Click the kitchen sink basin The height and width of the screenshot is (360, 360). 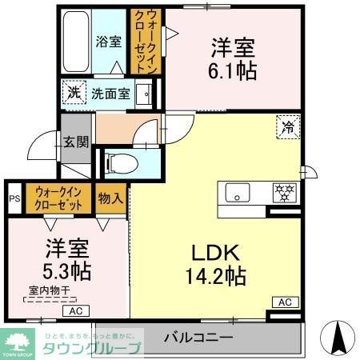(238, 193)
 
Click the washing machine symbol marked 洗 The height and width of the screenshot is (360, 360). (73, 93)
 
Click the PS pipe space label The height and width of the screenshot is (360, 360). (14, 198)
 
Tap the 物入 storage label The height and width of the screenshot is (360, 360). (110, 198)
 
